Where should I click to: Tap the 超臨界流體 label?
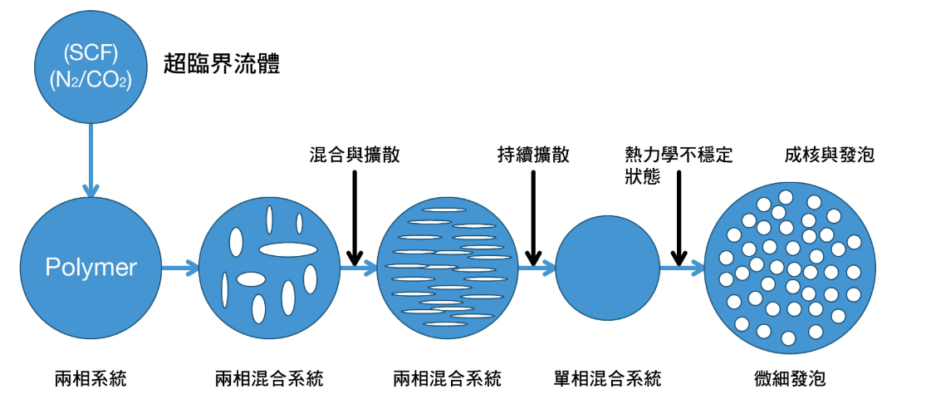221,64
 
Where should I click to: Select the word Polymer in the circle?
91,268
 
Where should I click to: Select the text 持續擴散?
533,155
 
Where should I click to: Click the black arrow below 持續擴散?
533,216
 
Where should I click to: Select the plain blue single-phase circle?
607,268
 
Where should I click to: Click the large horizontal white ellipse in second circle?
288,249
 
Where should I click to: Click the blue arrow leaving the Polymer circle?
179,268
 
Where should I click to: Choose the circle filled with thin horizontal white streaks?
448,268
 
